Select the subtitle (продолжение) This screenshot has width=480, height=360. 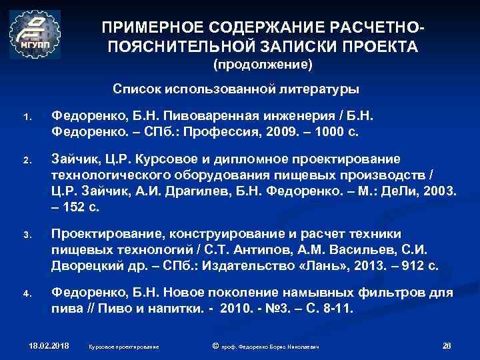[262, 65]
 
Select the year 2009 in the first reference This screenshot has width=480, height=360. [285, 131]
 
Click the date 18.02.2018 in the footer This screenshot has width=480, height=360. [49, 346]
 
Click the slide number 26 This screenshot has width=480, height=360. [447, 345]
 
